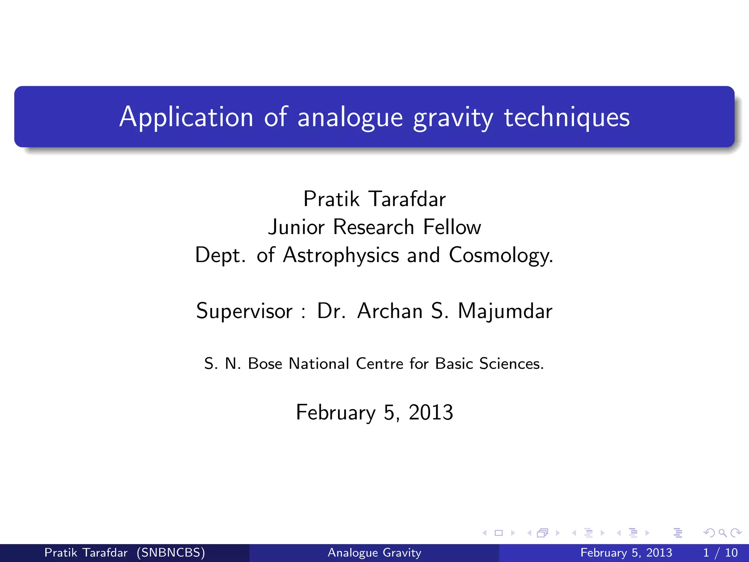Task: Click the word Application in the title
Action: [x=186, y=117]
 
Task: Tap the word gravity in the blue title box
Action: [x=453, y=118]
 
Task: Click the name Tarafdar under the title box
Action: [x=407, y=199]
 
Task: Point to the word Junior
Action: [x=296, y=227]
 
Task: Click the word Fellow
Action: [x=452, y=227]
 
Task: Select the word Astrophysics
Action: [x=341, y=255]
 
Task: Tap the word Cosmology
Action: [x=501, y=255]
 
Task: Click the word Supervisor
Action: [x=244, y=311]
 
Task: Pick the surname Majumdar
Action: [x=505, y=311]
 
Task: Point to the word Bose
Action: [x=265, y=364]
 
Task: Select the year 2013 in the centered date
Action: [x=431, y=412]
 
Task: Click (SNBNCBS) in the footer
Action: [x=171, y=552]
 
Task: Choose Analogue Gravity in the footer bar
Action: [x=374, y=552]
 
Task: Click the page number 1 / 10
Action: [x=720, y=552]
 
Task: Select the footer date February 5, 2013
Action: [x=626, y=552]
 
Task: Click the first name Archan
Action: [x=390, y=311]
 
